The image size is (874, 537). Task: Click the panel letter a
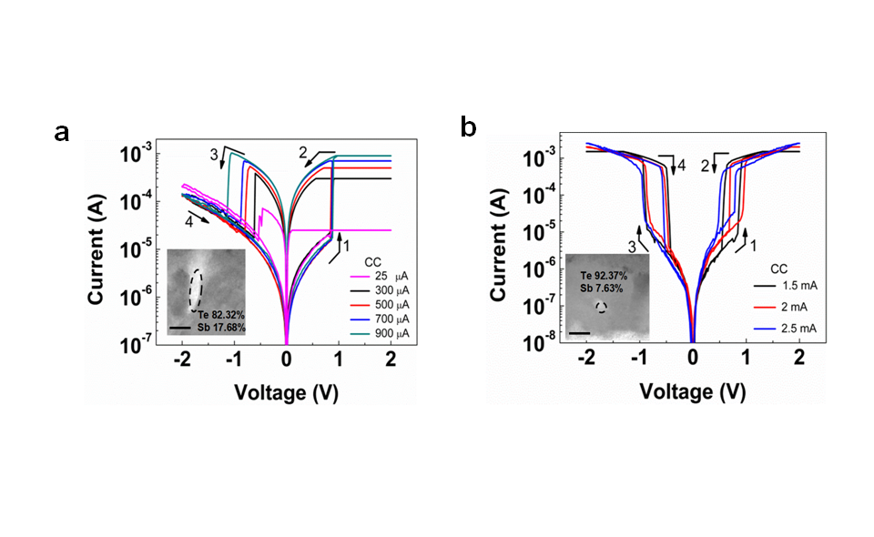pos(62,133)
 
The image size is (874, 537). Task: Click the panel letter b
pos(468,128)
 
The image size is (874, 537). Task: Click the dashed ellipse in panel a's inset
pos(195,289)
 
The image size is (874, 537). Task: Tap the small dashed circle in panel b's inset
pos(601,307)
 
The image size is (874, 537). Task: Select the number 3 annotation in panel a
pos(214,156)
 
